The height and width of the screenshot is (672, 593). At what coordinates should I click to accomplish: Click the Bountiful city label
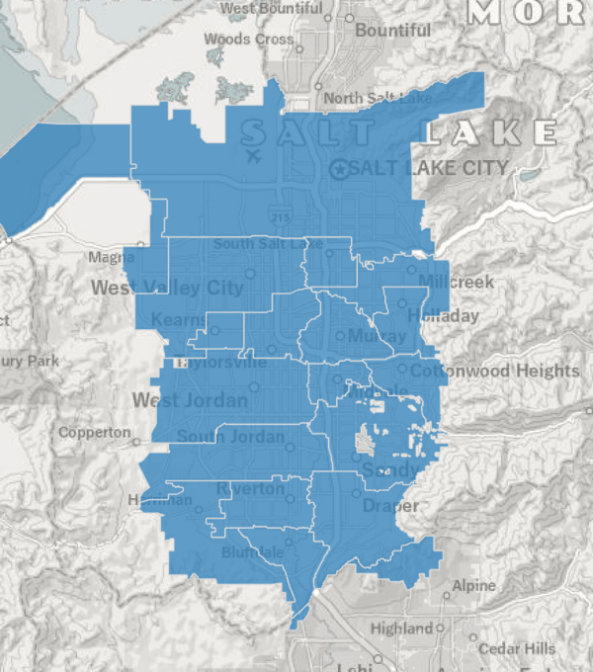(x=392, y=31)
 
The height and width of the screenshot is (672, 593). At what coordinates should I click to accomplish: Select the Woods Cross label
(x=248, y=40)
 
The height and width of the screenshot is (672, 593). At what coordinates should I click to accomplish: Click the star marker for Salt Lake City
(x=341, y=169)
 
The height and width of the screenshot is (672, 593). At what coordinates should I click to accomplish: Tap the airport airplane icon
(x=253, y=155)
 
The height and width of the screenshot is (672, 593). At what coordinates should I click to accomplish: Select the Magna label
(x=111, y=258)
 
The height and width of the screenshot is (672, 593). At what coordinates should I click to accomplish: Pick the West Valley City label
(x=167, y=289)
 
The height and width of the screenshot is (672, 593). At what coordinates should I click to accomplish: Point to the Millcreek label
(x=456, y=282)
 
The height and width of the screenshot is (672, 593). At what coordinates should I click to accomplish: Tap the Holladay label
(x=448, y=316)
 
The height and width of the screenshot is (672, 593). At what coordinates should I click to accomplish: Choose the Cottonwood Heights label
(x=495, y=371)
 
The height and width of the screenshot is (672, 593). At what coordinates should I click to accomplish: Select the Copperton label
(x=94, y=433)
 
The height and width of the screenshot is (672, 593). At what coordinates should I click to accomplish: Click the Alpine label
(x=473, y=586)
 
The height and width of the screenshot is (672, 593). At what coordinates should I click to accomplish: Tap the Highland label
(x=401, y=629)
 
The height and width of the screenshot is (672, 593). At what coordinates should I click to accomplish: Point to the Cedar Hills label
(x=517, y=649)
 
